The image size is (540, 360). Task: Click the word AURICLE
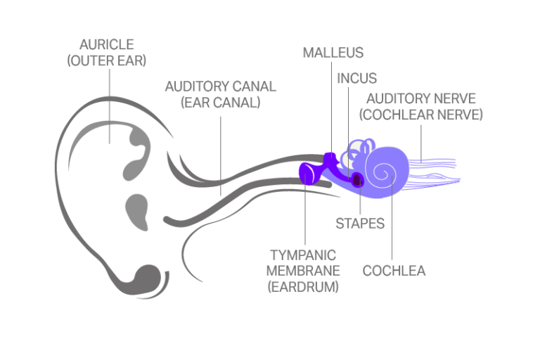(107, 46)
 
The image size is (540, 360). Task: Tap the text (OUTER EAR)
(107, 60)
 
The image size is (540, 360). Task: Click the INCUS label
(357, 79)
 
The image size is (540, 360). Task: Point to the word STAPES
(360, 224)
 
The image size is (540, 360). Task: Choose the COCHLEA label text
(394, 271)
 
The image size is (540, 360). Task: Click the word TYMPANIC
(304, 255)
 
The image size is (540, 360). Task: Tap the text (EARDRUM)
(304, 286)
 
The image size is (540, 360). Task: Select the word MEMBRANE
(304, 271)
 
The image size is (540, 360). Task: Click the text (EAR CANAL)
(220, 103)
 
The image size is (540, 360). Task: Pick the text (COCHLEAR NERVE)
(420, 115)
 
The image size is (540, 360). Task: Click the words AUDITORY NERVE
(420, 99)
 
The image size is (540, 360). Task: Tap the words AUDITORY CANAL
(220, 87)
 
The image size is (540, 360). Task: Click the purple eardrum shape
(307, 172)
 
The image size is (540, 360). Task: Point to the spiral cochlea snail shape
(384, 170)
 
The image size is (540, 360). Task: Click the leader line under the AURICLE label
(110, 105)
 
